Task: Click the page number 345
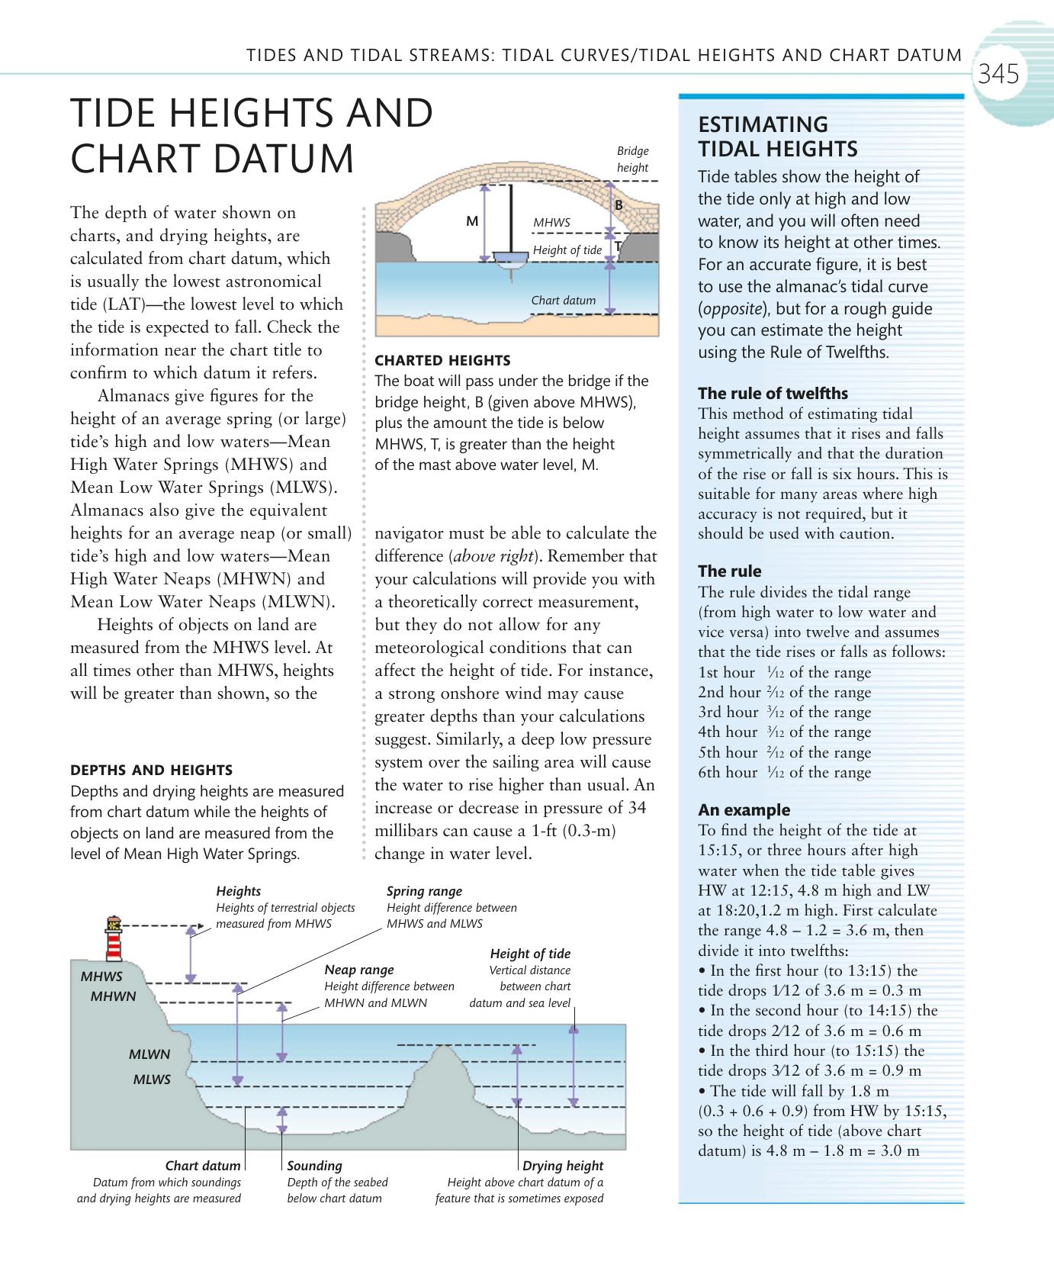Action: click(x=998, y=75)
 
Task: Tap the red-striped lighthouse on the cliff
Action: click(x=114, y=938)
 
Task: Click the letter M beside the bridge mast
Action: click(x=472, y=221)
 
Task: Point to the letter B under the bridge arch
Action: click(x=619, y=205)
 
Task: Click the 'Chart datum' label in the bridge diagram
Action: click(x=563, y=300)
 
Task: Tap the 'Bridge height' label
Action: click(x=632, y=159)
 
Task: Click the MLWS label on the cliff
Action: click(x=152, y=1080)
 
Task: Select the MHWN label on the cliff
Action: click(x=113, y=996)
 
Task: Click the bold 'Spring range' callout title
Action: click(x=424, y=891)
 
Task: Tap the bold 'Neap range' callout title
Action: click(x=359, y=970)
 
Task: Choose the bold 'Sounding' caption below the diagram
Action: click(x=314, y=1166)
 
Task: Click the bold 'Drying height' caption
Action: click(x=563, y=1166)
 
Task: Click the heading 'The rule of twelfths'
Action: click(x=773, y=394)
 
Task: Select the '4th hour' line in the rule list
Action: click(x=784, y=732)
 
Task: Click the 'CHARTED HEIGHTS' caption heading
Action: click(x=442, y=360)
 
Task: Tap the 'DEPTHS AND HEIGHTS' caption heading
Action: click(x=151, y=771)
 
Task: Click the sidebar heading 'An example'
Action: click(x=744, y=810)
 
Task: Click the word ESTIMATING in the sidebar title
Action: click(x=763, y=125)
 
